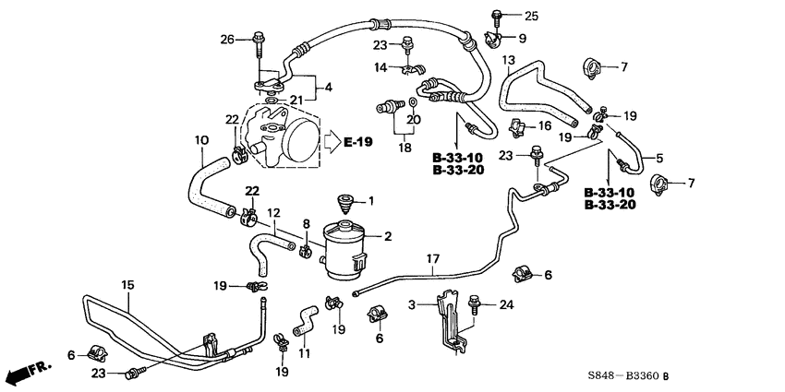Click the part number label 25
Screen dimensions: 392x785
pos(529,17)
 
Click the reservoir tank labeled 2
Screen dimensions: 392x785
pos(348,244)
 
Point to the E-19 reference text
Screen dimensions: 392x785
pos(360,141)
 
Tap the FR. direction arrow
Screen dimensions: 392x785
pos(25,374)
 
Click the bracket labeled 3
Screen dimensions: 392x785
pos(448,318)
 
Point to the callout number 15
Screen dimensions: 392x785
pos(127,285)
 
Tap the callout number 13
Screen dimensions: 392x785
pos(507,60)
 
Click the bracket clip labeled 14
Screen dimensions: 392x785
pos(406,66)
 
